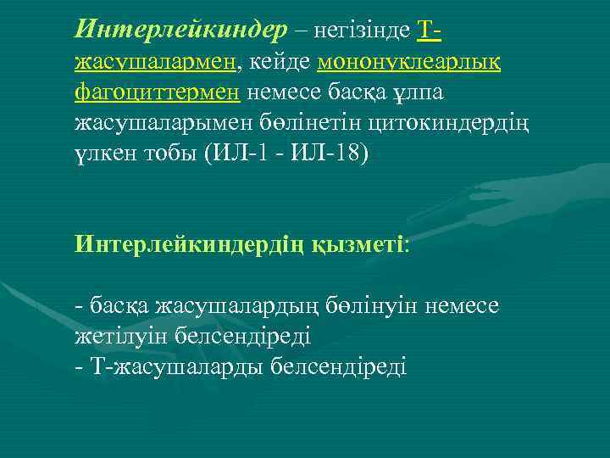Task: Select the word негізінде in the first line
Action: coord(361,31)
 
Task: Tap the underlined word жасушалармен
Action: coord(158,60)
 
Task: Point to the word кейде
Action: coord(280,60)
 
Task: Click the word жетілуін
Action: coord(119,335)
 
